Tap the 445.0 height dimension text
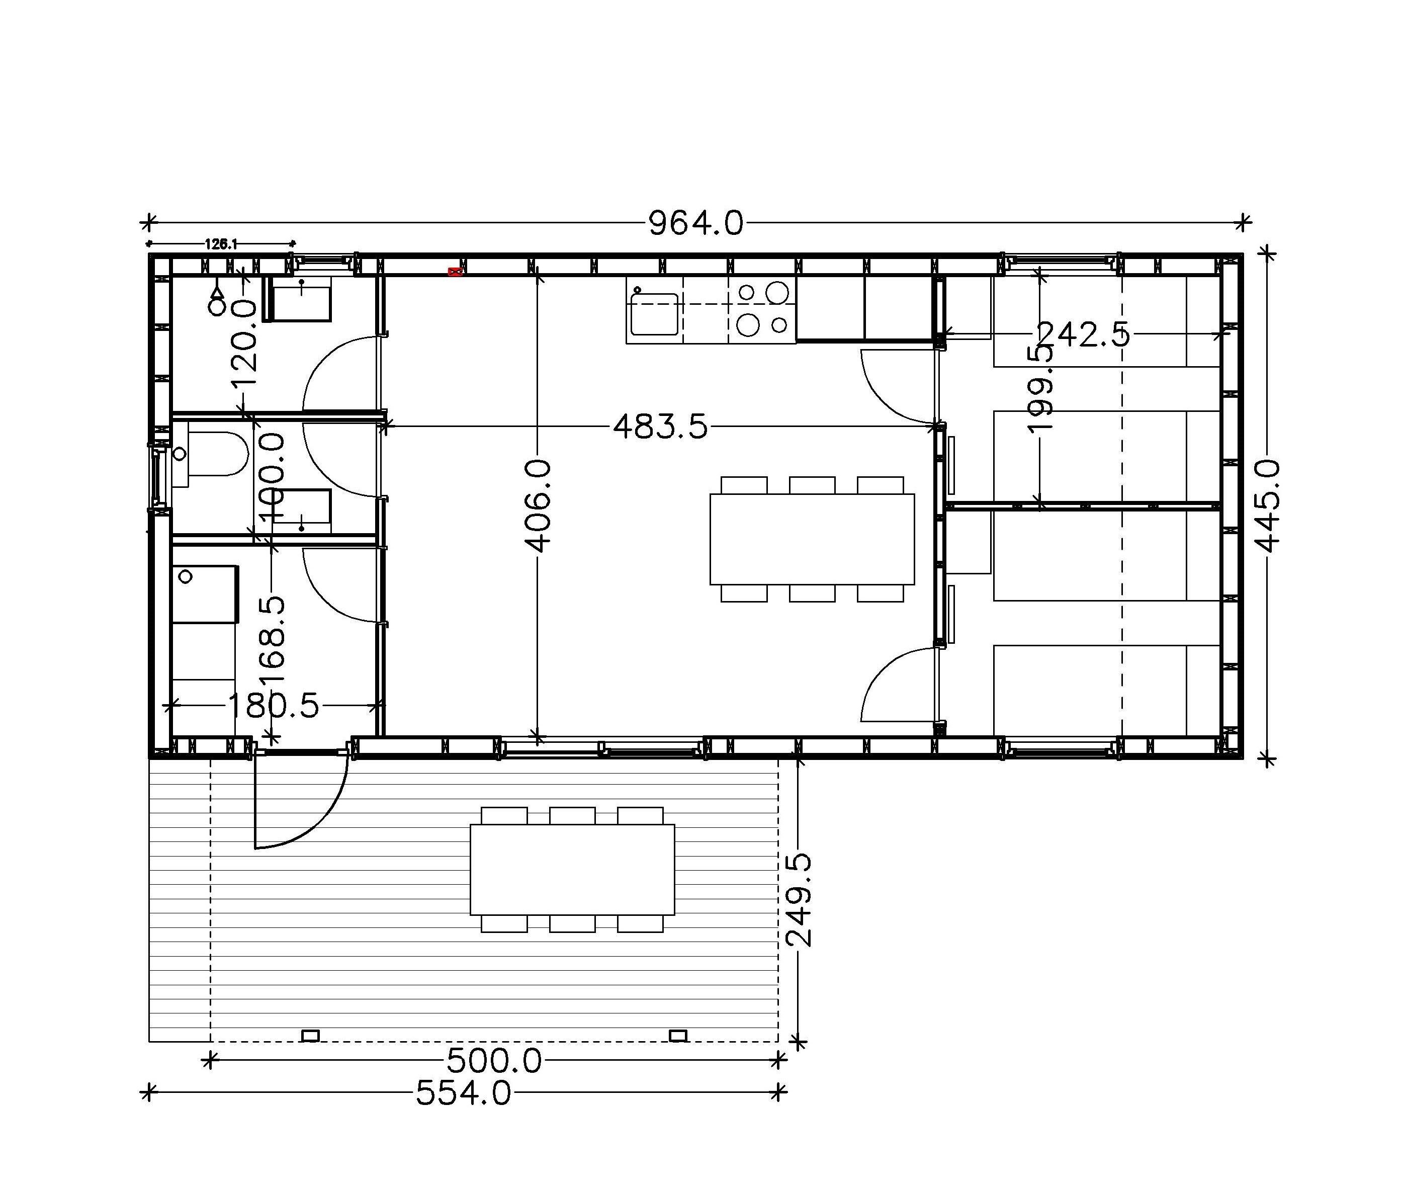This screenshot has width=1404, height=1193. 1269,506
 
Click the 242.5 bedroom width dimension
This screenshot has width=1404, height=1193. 1083,334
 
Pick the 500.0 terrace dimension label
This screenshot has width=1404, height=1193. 494,1061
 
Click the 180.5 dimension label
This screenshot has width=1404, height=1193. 273,705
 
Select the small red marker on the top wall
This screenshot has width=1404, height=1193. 455,272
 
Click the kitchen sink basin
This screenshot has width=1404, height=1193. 654,314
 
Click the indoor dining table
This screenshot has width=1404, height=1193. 812,539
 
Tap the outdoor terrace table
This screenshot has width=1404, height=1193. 572,870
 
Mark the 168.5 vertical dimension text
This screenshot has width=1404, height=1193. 272,640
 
